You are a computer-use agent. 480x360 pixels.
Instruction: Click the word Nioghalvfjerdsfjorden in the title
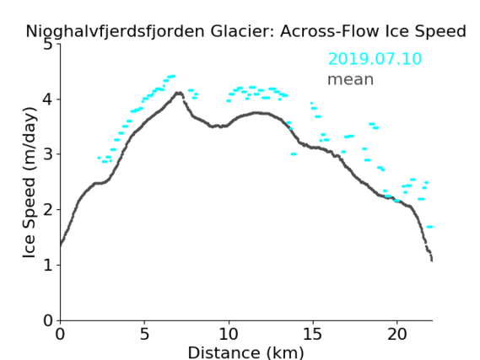pos(115,31)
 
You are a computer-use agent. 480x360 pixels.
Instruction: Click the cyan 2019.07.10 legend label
pos(375,59)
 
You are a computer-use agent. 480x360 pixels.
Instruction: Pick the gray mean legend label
pos(351,79)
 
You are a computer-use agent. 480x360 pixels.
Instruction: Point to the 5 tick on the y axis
pos(48,45)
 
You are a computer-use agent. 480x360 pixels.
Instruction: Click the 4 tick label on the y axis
pos(48,99)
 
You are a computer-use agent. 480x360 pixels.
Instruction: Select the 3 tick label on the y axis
pos(48,154)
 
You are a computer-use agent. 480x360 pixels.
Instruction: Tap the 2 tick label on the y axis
pos(48,210)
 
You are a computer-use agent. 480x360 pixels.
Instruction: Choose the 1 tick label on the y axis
pos(48,265)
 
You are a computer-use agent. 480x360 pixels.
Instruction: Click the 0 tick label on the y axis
pos(48,320)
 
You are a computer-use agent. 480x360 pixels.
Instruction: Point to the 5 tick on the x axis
pos(144,334)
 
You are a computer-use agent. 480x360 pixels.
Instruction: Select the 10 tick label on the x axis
pos(229,334)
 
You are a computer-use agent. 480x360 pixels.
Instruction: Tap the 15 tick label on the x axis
pos(313,334)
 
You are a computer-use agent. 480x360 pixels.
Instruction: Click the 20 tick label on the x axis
pos(396,334)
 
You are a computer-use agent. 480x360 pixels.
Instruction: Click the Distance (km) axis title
pos(245,352)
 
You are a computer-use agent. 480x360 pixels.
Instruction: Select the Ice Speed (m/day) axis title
pos(30,183)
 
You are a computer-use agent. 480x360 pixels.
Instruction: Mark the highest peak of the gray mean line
pos(179,93)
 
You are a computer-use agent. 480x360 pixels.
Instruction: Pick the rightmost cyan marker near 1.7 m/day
pos(429,227)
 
